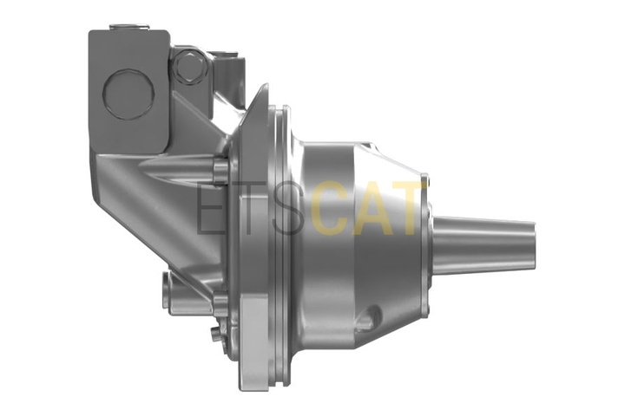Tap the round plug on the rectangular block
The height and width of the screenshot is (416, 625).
tap(128, 94)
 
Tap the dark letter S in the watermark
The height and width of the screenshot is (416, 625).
tap(289, 209)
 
